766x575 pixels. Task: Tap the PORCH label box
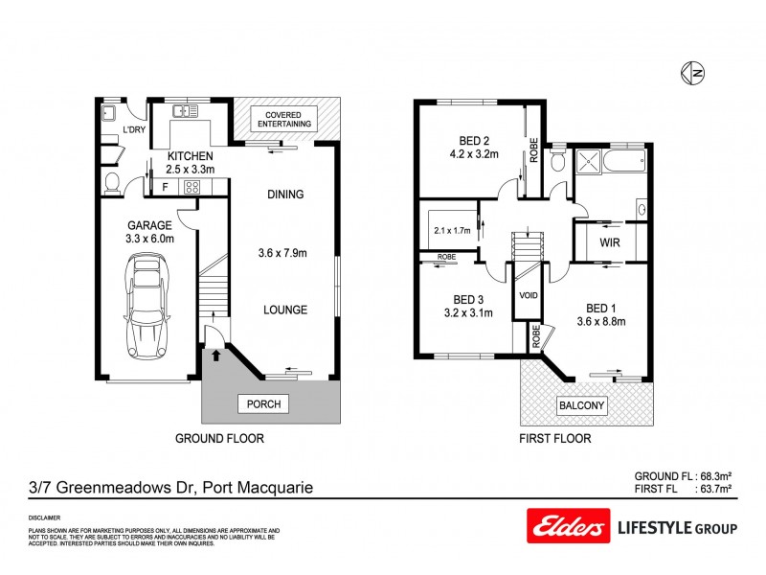click(263, 404)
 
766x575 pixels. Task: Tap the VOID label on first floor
click(528, 296)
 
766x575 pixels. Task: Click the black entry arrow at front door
click(214, 356)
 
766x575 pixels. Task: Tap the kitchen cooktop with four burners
click(191, 187)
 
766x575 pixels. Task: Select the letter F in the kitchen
click(165, 187)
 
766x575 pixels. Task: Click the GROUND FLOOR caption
click(218, 438)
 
